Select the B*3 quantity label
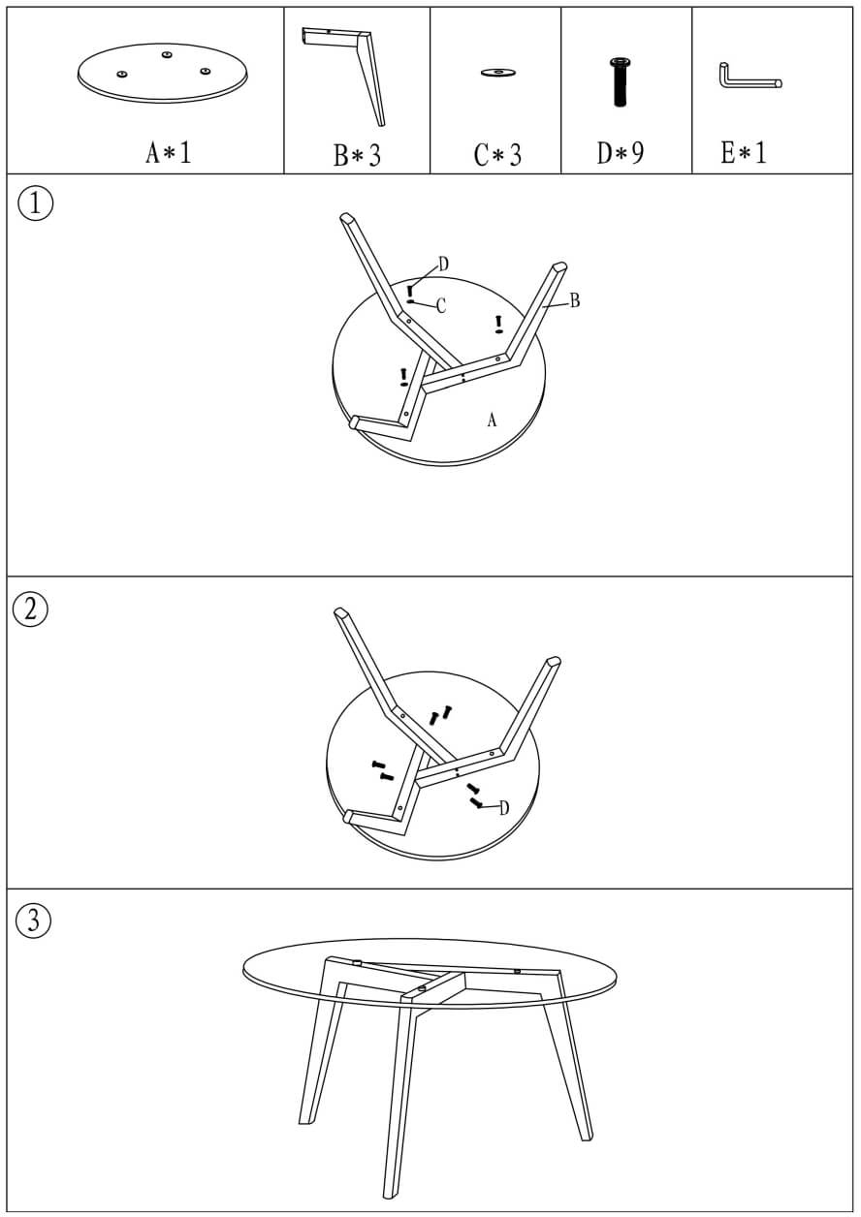[357, 154]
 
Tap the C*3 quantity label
[497, 154]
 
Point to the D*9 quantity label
[621, 152]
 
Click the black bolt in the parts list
[621, 82]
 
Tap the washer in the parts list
[498, 73]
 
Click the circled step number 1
[36, 204]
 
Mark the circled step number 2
[30, 609]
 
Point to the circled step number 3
[33, 921]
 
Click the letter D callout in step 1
[444, 265]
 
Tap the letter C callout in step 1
[441, 306]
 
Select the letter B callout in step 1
[575, 300]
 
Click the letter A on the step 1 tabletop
[492, 420]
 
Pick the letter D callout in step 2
[504, 808]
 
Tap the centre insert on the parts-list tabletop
[167, 54]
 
